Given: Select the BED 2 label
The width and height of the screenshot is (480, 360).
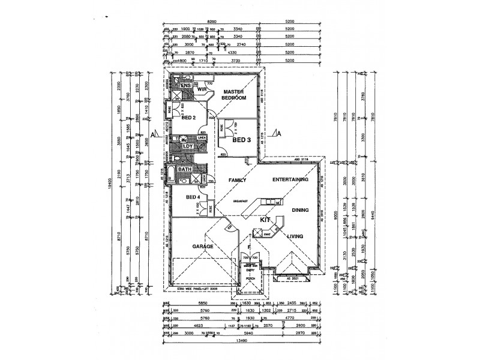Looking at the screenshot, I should click(x=188, y=118).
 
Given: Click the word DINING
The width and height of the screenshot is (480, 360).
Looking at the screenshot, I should click(x=300, y=210).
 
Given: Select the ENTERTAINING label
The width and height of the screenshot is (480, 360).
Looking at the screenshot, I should click(x=290, y=179).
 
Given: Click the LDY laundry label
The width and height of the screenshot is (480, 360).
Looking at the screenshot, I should click(x=188, y=146).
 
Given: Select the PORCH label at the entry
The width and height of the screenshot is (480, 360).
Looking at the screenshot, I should click(x=250, y=278).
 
